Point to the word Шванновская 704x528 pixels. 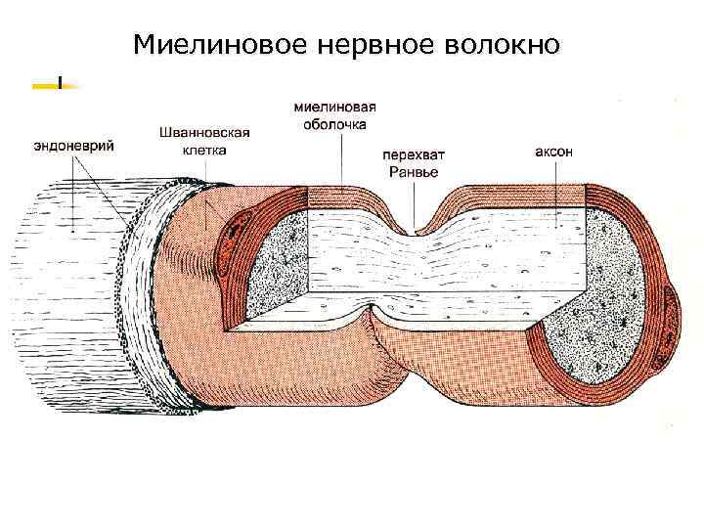pos(204,132)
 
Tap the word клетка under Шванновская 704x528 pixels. pos(204,151)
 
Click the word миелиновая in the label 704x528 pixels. pos(335,108)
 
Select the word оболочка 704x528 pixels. pos(335,125)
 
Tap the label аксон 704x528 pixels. pos(554,153)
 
